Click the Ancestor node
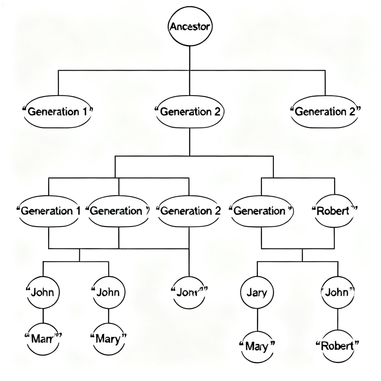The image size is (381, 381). pos(190,27)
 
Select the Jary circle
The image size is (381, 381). pos(257,292)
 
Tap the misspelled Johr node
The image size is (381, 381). pos(189,292)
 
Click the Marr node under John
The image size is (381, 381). pos(43,339)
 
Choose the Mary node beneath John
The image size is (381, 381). pos(108,339)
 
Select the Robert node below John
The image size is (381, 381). pos(338,346)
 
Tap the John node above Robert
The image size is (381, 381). pos(338,292)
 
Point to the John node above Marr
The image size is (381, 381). pos(43,292)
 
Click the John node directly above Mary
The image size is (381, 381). pos(108,292)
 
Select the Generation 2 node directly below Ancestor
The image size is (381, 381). pos(190,111)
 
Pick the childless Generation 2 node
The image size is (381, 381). pos(325,111)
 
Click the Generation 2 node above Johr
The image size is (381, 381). pos(189,211)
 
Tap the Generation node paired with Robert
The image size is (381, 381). pos(262,211)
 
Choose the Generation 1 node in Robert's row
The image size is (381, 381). pos(49,211)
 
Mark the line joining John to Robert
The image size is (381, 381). pos(338,319)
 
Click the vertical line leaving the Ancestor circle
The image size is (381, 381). pos(190,58)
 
